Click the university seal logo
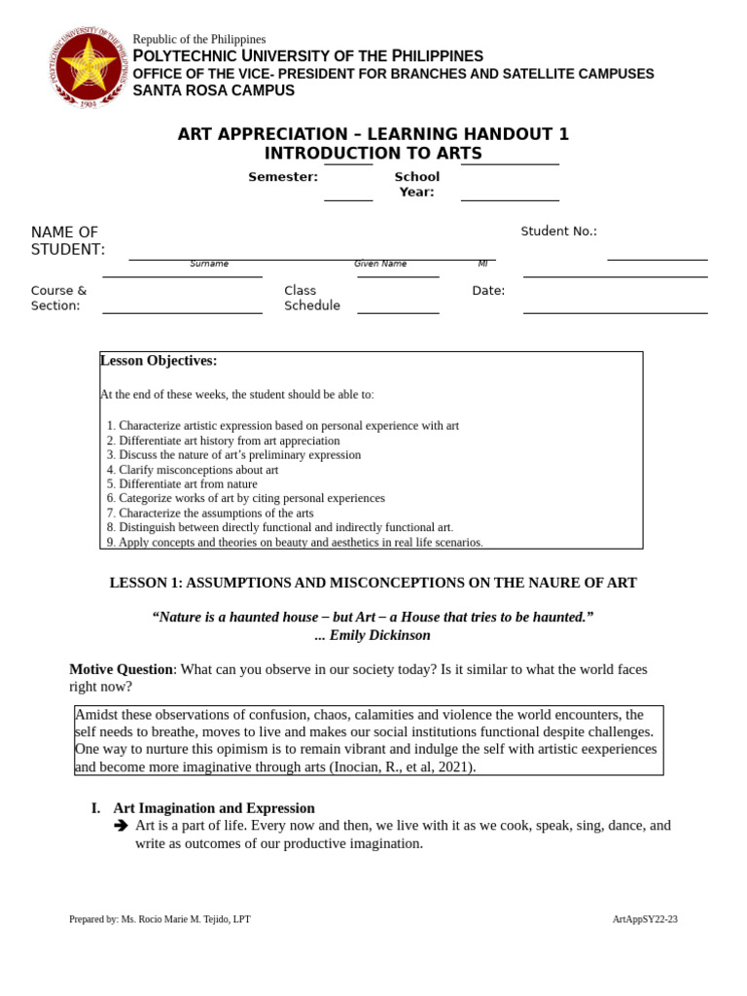[87, 68]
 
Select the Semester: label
[283, 177]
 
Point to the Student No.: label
[558, 231]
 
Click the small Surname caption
[209, 264]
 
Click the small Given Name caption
[380, 264]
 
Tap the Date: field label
[488, 291]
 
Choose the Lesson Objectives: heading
[159, 361]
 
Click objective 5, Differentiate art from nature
[182, 483]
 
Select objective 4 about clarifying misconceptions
[193, 470]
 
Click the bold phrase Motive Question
[121, 669]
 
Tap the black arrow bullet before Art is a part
[121, 826]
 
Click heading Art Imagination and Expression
[214, 808]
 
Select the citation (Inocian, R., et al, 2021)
[402, 766]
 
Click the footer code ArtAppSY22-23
[644, 919]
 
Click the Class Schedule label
[311, 298]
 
